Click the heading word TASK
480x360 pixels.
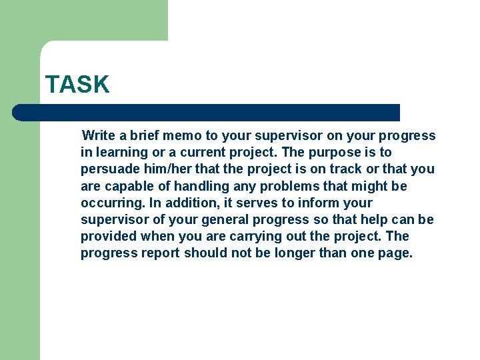(77, 85)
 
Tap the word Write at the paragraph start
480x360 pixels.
(99, 136)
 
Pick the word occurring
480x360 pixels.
(109, 203)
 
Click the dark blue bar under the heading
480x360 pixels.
(207, 113)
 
